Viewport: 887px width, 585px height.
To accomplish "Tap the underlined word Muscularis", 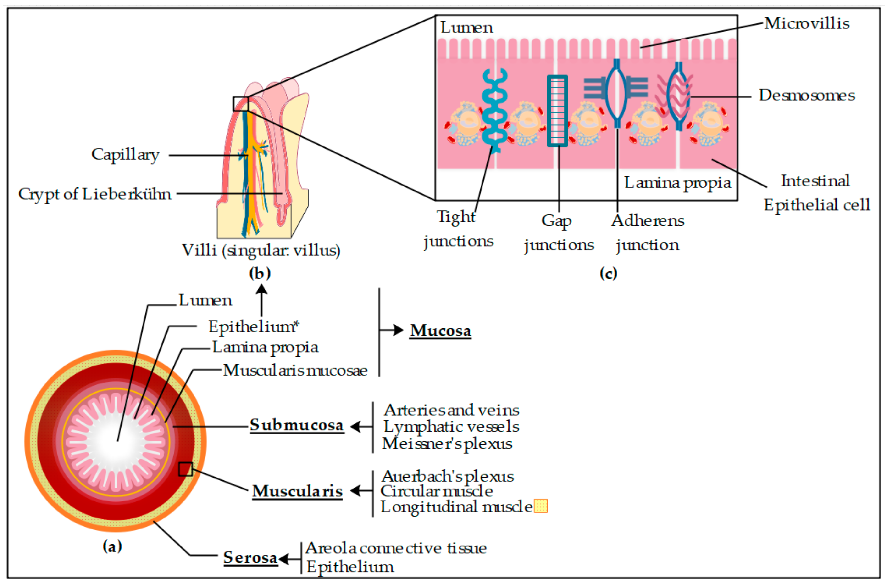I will coord(297,491).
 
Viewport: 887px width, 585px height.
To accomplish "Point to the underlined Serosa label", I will coord(250,557).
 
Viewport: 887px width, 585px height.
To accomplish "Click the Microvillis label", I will coord(806,23).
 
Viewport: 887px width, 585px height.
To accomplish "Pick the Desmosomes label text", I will coord(806,96).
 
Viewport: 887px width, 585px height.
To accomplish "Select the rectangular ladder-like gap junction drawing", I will coord(557,111).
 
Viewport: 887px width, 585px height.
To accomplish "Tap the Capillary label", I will coord(125,154).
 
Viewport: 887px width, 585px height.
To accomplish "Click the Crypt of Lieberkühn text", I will coord(95,194).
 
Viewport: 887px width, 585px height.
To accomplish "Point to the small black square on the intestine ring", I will coord(185,469).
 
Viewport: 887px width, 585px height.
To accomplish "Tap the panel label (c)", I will coord(608,274).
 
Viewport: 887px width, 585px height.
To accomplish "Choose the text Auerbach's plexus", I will coord(447,476).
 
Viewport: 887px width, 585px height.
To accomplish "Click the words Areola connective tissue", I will coord(396,548).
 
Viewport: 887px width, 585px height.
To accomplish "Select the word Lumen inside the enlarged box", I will coord(466,28).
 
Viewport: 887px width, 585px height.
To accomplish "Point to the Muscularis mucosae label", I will coord(295,371).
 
